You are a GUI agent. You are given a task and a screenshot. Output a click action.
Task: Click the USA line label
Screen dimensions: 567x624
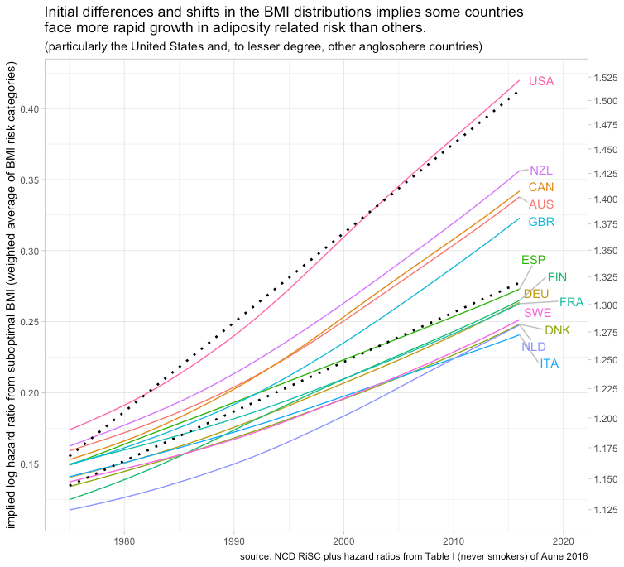coord(541,81)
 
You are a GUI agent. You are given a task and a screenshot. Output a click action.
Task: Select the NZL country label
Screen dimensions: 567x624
coord(541,171)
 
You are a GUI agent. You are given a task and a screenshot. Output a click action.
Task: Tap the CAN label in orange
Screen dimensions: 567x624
coord(541,187)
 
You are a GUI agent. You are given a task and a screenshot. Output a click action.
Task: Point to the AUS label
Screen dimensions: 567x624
coord(541,204)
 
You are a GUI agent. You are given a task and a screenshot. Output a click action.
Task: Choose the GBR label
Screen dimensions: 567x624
coord(541,222)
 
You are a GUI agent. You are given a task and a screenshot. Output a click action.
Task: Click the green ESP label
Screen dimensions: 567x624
coord(533,261)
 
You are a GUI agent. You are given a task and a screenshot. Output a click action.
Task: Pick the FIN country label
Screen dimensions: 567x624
coord(557,277)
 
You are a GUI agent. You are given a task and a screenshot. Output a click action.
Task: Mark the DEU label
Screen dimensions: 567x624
coord(536,294)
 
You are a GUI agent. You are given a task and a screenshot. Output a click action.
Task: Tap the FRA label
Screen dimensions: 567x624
coord(572,303)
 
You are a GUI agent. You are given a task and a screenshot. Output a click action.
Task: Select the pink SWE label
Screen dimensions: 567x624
coord(537,314)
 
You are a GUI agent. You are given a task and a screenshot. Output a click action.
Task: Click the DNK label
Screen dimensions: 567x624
coord(557,330)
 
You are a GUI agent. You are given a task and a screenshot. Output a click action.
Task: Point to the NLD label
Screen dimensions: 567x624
coord(534,346)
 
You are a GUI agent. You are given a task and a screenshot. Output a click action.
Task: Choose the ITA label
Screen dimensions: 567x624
coord(549,363)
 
